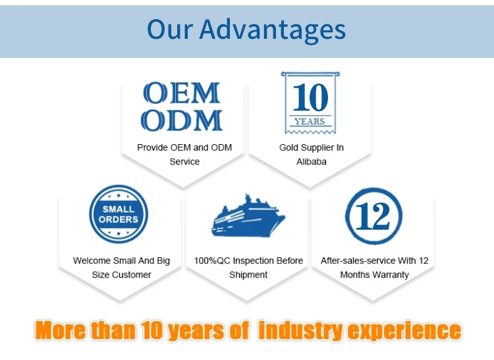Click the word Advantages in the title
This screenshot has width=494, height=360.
(273, 30)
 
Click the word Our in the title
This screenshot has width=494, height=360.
(169, 29)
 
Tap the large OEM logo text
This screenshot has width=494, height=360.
(182, 93)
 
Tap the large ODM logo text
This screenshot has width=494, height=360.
(182, 120)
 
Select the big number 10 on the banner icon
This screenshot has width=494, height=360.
(310, 97)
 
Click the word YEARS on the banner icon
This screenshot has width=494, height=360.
(310, 122)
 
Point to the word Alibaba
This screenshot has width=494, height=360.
(312, 162)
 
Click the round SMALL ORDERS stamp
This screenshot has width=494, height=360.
(119, 214)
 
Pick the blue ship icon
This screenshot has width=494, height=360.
(248, 216)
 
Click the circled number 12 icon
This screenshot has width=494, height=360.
(373, 216)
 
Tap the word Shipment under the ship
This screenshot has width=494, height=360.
(248, 274)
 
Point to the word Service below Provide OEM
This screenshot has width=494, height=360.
(184, 162)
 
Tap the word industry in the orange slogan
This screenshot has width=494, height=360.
(300, 330)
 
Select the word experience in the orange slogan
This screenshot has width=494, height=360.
(404, 331)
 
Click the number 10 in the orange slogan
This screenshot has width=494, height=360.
(151, 330)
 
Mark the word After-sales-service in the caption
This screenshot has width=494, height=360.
(358, 261)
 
